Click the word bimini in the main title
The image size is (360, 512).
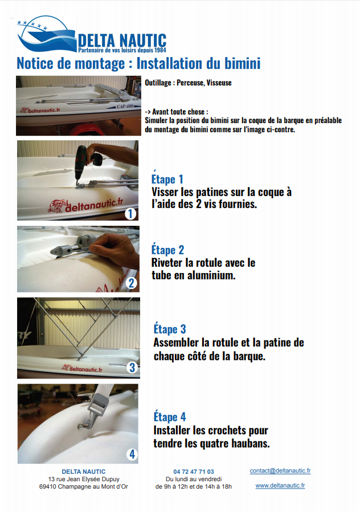242,63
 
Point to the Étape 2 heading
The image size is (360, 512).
167,250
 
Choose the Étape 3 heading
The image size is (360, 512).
170,329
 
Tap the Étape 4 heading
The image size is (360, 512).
170,417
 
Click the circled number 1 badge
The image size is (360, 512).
130,214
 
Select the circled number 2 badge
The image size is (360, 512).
132,283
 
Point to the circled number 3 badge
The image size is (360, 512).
132,367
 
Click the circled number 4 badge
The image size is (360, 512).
132,454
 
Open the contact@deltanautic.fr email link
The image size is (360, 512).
280,470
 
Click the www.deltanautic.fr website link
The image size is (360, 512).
280,486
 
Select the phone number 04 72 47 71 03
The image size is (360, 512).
194,472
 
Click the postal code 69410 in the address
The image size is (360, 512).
48,486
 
